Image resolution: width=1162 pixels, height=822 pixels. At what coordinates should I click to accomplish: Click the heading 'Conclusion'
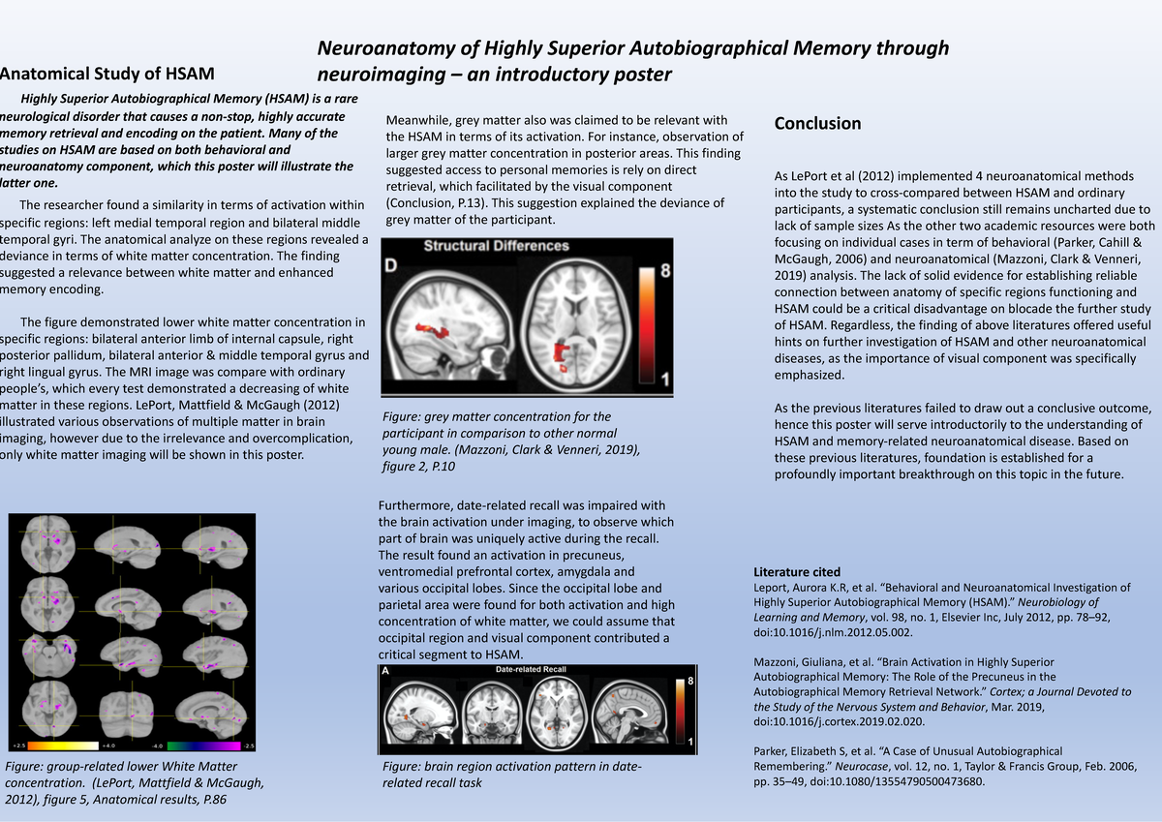click(817, 124)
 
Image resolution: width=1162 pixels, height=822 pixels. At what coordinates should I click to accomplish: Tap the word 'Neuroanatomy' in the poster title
click(379, 48)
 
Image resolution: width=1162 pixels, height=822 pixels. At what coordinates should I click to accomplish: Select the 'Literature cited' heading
click(796, 572)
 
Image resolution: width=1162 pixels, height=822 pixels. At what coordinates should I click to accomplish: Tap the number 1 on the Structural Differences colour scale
click(663, 376)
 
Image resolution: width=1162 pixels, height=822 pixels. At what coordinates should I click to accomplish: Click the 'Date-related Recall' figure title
click(530, 669)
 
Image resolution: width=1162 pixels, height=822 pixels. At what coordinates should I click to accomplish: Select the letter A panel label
click(385, 670)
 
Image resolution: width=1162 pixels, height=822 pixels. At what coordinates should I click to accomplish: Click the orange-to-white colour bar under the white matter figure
click(64, 746)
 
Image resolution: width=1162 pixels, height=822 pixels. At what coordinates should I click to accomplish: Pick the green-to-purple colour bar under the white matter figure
click(202, 746)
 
